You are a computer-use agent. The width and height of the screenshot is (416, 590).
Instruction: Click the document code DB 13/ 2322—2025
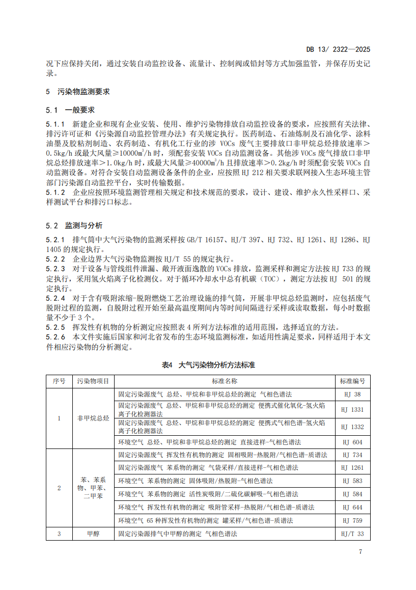[338, 49]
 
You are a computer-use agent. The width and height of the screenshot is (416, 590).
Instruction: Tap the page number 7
[360, 551]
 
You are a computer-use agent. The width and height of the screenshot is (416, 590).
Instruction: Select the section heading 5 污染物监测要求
[77, 92]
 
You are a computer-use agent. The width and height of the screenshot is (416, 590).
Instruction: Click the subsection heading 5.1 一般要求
[70, 110]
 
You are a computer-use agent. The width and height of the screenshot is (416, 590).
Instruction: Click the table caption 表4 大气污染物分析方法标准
[208, 365]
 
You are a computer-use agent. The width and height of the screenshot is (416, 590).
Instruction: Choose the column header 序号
[59, 381]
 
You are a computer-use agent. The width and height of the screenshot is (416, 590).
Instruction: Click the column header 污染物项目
[93, 381]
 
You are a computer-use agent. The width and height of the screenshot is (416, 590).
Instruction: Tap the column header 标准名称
[225, 381]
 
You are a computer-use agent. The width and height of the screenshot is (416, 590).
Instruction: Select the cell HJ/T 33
[353, 534]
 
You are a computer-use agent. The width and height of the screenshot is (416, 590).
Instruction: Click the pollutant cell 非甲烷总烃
[93, 418]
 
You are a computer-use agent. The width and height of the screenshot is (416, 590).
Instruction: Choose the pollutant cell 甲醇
[93, 534]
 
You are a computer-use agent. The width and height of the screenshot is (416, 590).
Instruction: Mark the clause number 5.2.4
[55, 299]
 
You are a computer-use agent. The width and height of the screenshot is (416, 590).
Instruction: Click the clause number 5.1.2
[55, 192]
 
